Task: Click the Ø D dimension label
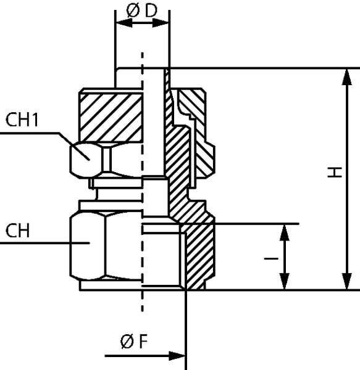pyautogui.click(x=142, y=11)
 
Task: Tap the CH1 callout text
pyautogui.click(x=22, y=120)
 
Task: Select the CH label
pyautogui.click(x=18, y=231)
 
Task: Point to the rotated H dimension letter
pyautogui.click(x=335, y=172)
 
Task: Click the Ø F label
pyautogui.click(x=134, y=341)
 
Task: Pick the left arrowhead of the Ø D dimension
pyautogui.click(x=123, y=23)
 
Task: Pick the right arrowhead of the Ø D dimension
pyautogui.click(x=161, y=23)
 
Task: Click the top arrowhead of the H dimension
pyautogui.click(x=347, y=76)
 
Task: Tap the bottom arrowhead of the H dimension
pyautogui.click(x=347, y=281)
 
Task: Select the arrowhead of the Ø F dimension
pyautogui.click(x=177, y=356)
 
